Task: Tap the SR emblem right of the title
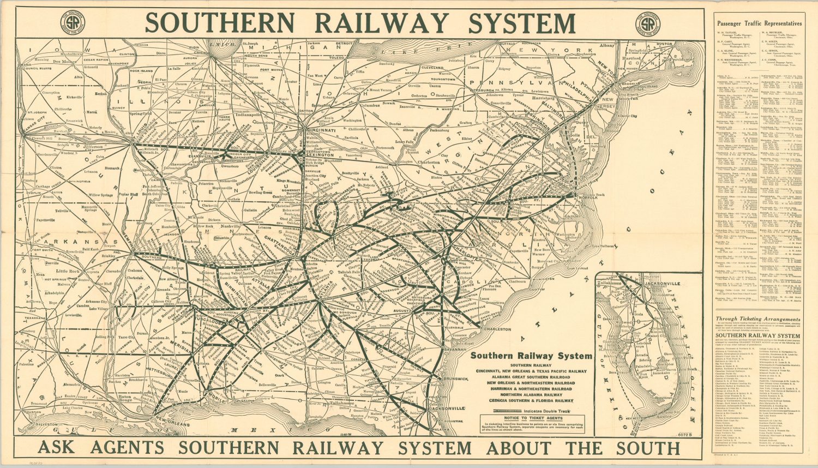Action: pos(647,24)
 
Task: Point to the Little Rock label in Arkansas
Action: pos(68,271)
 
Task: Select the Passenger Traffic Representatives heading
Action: pos(759,24)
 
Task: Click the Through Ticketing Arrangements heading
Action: pos(758,320)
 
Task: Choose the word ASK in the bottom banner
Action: pos(60,448)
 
